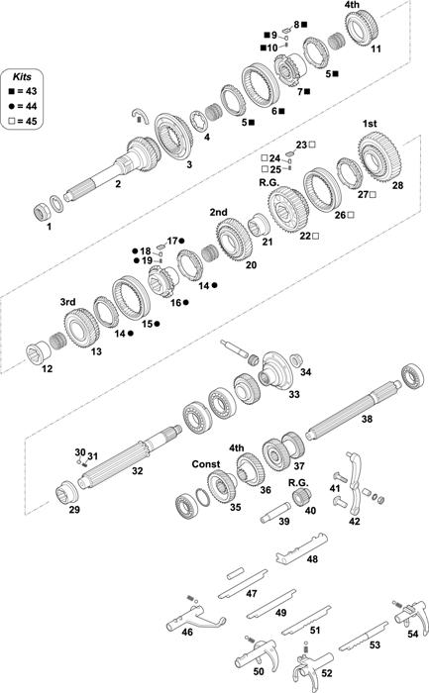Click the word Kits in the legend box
[x=22, y=76]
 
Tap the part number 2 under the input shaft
[x=118, y=183]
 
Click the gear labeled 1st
[x=379, y=158]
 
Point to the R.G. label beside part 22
[x=268, y=182]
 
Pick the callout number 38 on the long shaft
[x=367, y=419]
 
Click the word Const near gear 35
[x=206, y=464]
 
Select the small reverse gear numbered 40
[x=302, y=496]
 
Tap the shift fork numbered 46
[x=194, y=617]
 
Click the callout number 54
[x=412, y=634]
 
